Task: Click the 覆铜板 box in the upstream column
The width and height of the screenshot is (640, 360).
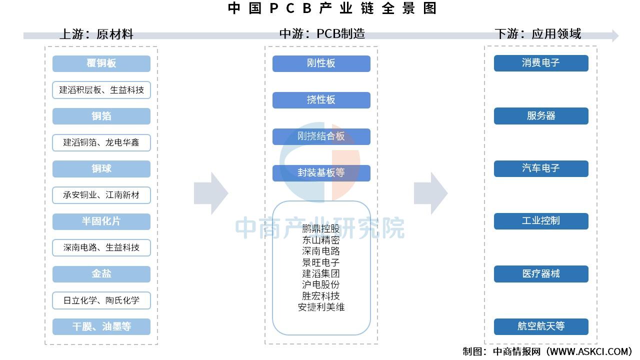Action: click(101, 63)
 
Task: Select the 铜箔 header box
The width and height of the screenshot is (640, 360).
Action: click(101, 116)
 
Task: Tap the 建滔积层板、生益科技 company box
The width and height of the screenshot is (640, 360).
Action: click(101, 90)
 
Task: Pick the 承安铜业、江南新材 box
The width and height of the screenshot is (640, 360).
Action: click(101, 195)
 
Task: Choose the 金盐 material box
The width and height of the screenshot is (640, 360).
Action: click(101, 274)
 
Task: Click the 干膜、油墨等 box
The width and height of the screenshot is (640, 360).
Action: click(101, 326)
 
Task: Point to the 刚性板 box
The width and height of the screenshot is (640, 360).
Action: click(321, 63)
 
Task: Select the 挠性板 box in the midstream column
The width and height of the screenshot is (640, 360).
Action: click(321, 100)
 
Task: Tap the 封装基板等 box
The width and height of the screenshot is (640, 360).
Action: click(321, 173)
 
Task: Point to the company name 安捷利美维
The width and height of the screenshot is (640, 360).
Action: click(321, 307)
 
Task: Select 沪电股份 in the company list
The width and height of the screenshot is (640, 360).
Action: click(321, 284)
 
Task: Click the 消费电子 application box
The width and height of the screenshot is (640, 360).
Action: click(541, 63)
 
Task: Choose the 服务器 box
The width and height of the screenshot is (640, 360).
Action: click(541, 116)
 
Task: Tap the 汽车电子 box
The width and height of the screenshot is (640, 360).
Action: click(541, 168)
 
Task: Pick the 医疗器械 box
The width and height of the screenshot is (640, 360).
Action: click(541, 274)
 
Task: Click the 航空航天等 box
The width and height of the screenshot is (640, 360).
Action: click(541, 326)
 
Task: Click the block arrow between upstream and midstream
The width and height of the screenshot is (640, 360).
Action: click(210, 193)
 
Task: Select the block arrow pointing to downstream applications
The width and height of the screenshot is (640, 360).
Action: click(430, 193)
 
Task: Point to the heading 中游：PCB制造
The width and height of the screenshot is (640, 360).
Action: click(322, 33)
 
